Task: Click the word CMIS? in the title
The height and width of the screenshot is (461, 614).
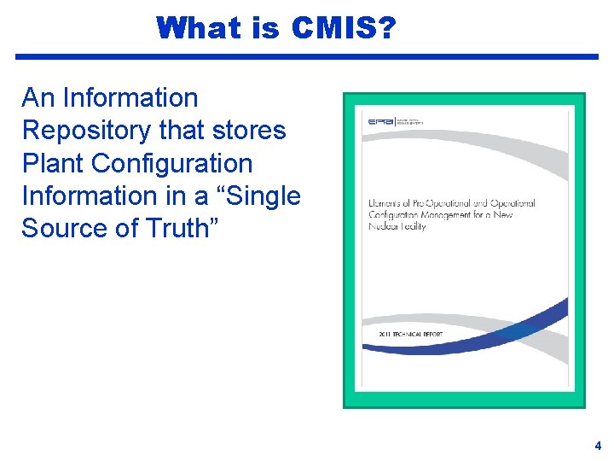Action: click(343, 28)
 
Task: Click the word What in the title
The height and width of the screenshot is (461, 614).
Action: click(199, 28)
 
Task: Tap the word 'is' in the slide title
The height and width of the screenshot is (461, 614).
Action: click(266, 28)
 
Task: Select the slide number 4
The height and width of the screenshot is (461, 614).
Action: click(597, 446)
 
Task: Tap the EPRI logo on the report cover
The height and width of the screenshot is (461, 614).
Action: click(379, 122)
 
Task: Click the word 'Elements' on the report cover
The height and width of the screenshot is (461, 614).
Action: click(390, 203)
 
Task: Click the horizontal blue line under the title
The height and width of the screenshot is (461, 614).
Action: click(307, 56)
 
